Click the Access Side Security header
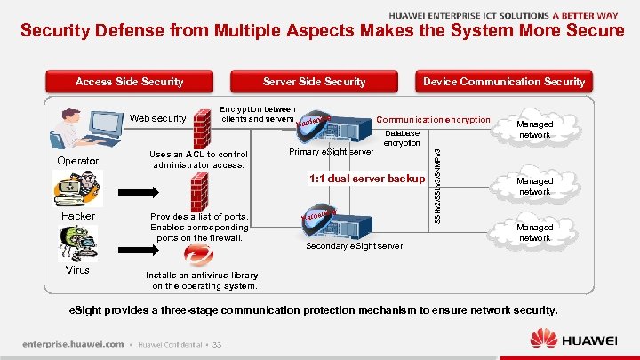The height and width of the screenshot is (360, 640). [129, 82]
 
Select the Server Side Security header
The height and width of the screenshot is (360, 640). [315, 82]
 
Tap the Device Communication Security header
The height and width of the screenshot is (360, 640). [503, 82]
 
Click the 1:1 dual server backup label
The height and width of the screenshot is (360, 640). [366, 179]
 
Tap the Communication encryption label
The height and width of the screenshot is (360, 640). [434, 119]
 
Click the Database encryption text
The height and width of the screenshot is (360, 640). [402, 139]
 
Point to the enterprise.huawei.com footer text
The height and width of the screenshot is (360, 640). [72, 345]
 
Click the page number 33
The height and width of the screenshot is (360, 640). [216, 345]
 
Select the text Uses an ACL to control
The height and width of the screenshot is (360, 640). [199, 155]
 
